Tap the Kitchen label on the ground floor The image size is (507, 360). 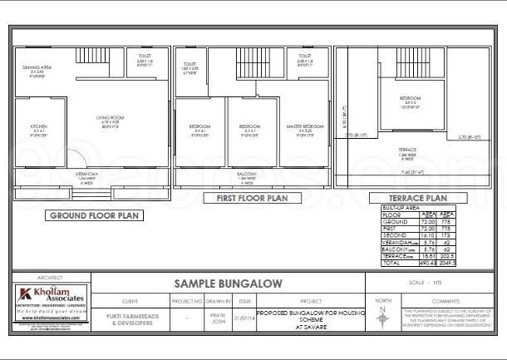point(37,129)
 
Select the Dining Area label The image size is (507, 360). point(37,68)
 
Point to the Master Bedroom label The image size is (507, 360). point(305,129)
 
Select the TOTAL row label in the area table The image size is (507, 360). point(390,263)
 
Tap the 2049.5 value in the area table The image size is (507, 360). point(447,263)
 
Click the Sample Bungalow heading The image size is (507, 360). point(228,284)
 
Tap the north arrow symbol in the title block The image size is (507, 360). point(381,317)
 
